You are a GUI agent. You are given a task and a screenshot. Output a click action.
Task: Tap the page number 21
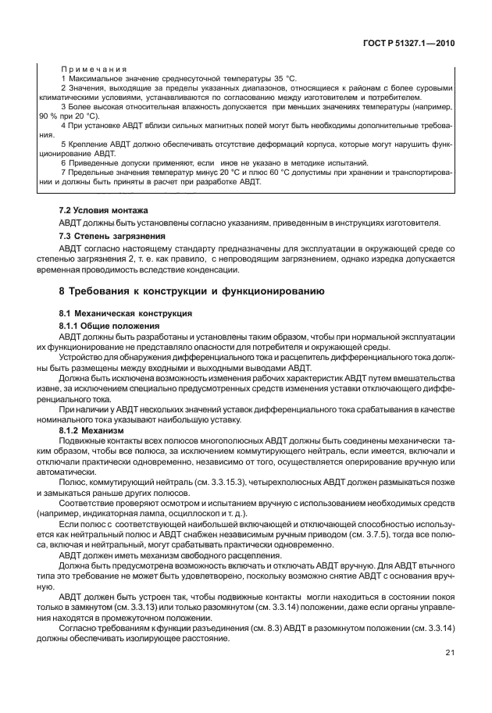click(x=450, y=675)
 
